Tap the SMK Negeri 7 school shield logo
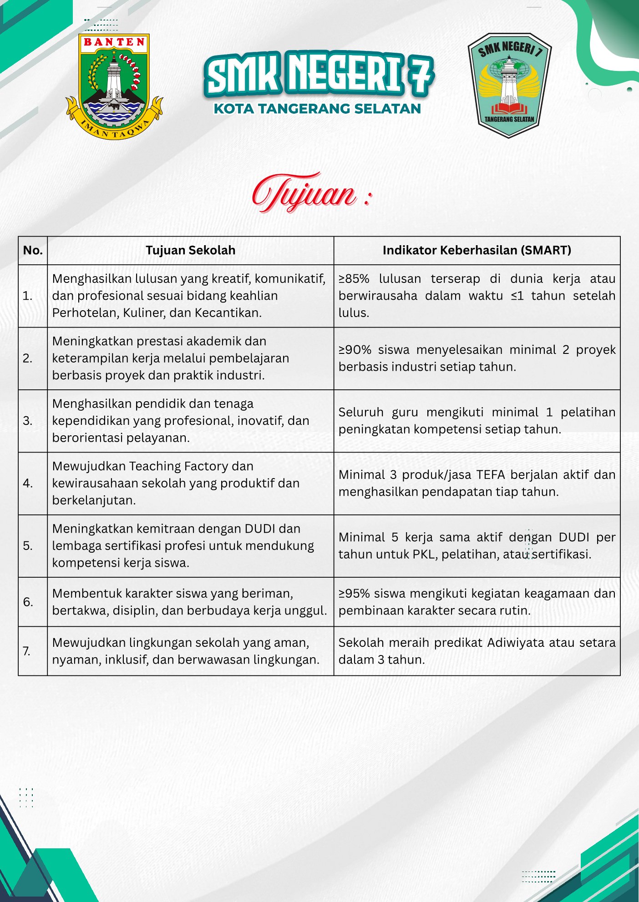point(509,85)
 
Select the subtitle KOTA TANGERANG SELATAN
point(317,109)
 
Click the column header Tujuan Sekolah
point(190,250)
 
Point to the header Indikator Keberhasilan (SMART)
point(477,250)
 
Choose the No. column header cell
point(33,250)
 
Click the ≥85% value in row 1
point(354,278)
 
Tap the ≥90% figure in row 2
point(355,349)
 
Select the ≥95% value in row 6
point(354,593)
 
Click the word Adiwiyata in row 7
point(516,642)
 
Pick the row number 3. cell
point(28,421)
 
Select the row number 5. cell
point(28,545)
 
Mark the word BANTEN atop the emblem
point(114,42)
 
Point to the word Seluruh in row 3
point(361,412)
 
